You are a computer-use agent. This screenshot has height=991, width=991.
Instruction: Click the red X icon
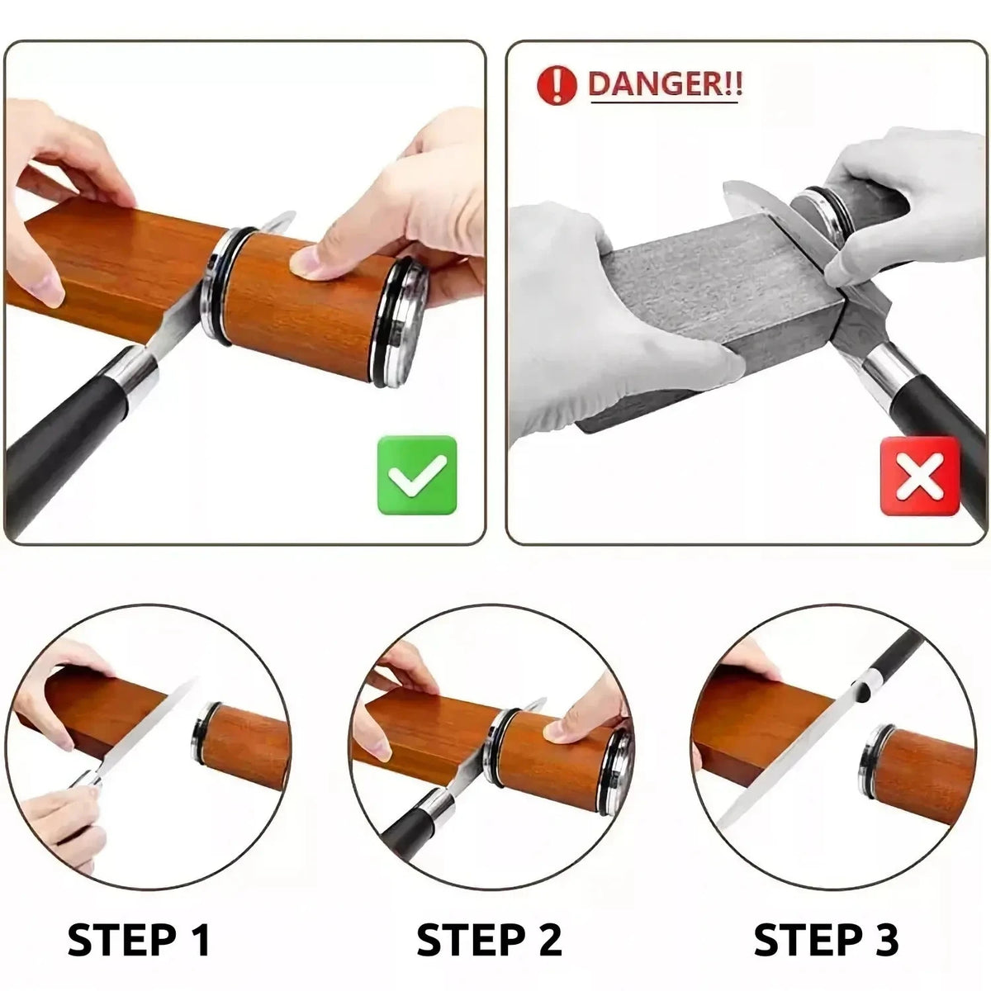click(920, 477)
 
